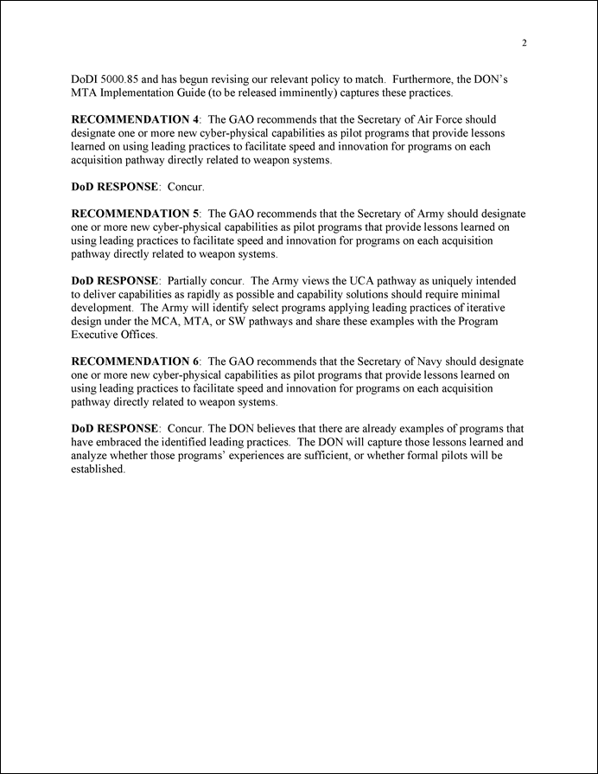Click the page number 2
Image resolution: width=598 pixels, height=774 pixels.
point(525,44)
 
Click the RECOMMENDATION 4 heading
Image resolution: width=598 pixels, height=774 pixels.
point(135,118)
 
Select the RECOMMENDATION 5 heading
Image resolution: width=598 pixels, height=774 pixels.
point(135,214)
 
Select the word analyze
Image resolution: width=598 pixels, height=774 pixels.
point(90,455)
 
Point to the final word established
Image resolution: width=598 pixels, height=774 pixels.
point(98,469)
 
